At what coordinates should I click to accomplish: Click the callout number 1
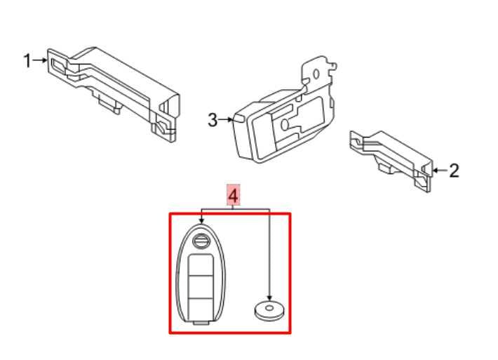tap(27, 61)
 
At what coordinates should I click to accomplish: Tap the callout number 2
tap(454, 170)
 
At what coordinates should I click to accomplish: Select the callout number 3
tap(213, 120)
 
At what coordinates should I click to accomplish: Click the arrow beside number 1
tap(39, 61)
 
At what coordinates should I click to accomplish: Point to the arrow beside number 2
tap(439, 170)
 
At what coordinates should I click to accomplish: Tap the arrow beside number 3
tap(226, 120)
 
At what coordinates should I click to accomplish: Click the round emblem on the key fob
tap(202, 242)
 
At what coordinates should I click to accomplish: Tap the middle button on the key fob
tap(201, 287)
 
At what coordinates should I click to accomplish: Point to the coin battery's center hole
tap(270, 307)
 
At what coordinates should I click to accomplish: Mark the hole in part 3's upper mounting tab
tap(316, 73)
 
